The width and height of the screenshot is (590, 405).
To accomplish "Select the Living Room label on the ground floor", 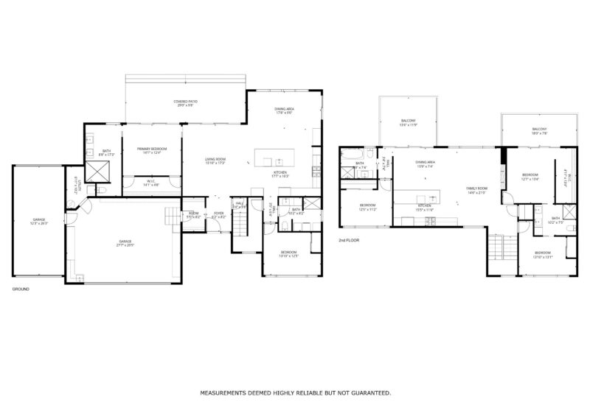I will pyautogui.click(x=215, y=160).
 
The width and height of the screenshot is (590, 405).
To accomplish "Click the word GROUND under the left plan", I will pyautogui.click(x=21, y=289).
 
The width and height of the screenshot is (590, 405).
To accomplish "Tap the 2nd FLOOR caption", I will pyautogui.click(x=349, y=241).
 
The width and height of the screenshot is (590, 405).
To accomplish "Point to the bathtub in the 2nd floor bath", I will pyautogui.click(x=353, y=155).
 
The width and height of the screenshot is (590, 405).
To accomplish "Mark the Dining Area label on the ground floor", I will pyautogui.click(x=284, y=110).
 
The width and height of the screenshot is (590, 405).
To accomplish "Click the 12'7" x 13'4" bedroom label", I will pyautogui.click(x=531, y=177).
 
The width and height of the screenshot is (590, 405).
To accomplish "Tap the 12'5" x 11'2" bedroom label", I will pyautogui.click(x=368, y=207).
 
